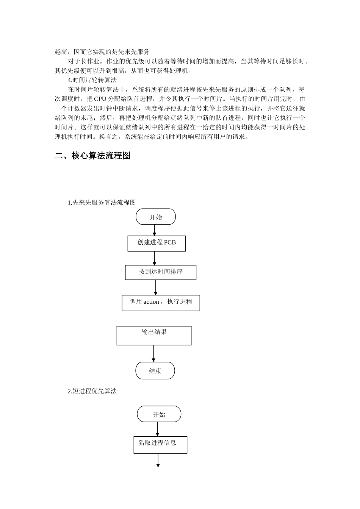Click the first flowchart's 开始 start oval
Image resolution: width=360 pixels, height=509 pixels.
(x=156, y=217)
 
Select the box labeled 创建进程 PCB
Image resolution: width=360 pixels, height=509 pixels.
(x=157, y=244)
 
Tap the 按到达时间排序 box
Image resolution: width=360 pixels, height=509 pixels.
(x=161, y=272)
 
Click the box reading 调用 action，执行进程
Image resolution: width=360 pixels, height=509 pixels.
(x=161, y=303)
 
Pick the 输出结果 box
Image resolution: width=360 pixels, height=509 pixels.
(x=154, y=336)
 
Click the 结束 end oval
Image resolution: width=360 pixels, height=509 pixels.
(x=155, y=371)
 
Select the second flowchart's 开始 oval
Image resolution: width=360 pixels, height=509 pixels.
(x=159, y=414)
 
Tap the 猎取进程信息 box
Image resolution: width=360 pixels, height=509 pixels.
(x=160, y=445)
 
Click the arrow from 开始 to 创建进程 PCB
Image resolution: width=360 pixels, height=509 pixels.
(x=154, y=230)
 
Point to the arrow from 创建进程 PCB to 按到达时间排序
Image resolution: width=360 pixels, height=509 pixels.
(x=154, y=258)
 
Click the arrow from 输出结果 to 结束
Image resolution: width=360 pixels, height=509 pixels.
(x=153, y=353)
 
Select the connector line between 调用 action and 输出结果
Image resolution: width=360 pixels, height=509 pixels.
(x=156, y=319)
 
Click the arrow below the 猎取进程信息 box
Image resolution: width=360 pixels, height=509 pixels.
(x=158, y=461)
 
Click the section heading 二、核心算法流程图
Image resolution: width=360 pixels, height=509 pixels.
(x=92, y=156)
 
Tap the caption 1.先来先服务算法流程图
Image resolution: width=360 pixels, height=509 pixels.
(x=102, y=203)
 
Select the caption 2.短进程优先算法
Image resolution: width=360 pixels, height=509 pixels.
(x=92, y=391)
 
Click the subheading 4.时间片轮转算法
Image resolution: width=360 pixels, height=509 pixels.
(x=92, y=80)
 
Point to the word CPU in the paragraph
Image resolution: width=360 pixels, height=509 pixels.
(x=100, y=99)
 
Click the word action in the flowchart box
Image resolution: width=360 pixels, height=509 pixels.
(x=151, y=302)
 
